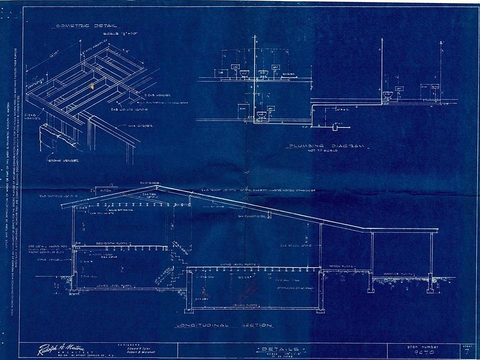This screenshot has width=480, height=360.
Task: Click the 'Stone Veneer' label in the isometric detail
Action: click(x=58, y=160)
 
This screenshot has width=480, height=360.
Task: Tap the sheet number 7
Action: click(x=467, y=352)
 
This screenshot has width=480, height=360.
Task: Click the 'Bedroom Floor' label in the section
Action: click(x=113, y=241)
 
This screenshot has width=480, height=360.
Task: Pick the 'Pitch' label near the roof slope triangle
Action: click(x=107, y=191)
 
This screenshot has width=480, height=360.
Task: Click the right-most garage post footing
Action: click(x=430, y=288)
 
